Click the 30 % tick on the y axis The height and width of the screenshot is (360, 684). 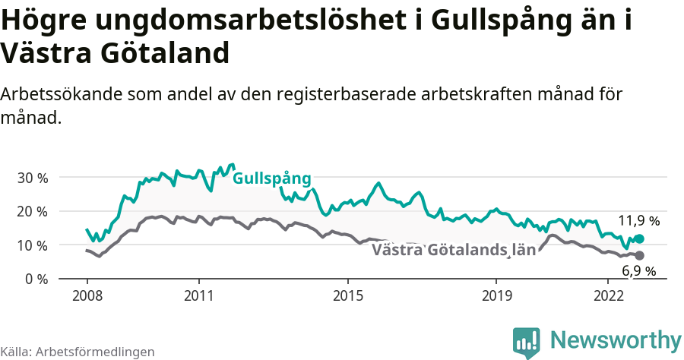tap(33, 178)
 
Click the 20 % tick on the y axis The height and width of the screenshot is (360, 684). tap(33, 211)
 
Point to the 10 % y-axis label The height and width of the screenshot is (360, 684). tap(33, 245)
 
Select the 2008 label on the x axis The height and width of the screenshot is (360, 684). tap(87, 295)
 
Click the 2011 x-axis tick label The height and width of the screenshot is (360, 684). tap(198, 295)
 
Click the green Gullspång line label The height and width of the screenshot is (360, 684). tap(271, 178)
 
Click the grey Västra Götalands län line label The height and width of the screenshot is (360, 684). tap(454, 250)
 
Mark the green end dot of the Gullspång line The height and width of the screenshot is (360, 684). tap(639, 239)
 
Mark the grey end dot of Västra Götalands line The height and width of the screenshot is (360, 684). tap(639, 255)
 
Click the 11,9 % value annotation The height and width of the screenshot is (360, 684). tap(638, 221)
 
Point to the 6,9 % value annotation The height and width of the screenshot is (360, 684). tap(638, 271)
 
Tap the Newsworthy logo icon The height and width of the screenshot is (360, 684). tap(526, 342)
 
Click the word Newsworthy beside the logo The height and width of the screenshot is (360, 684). tap(616, 339)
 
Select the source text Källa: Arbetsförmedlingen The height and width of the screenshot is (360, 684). tap(78, 352)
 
